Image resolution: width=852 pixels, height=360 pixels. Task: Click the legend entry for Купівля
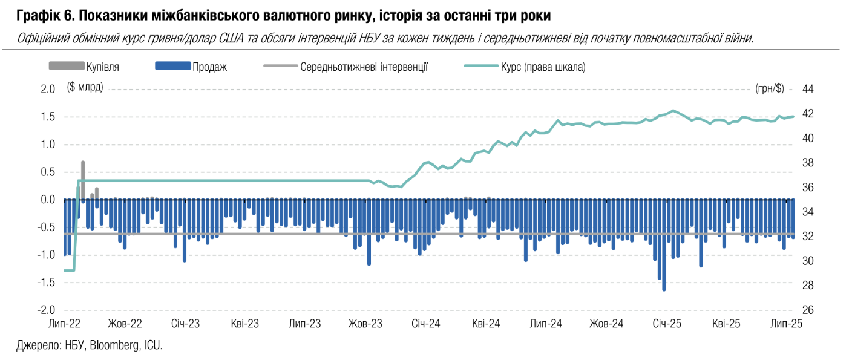tap(102, 67)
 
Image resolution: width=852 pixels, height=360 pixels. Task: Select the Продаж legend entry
tap(209, 67)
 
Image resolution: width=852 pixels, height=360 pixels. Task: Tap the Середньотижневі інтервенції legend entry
tap(364, 67)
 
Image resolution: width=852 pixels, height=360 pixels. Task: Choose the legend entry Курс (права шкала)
tap(543, 67)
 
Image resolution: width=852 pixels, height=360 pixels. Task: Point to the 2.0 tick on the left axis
tap(48, 90)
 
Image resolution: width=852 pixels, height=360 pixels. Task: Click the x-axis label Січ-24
tap(425, 324)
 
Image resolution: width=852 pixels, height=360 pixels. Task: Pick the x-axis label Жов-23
tap(365, 324)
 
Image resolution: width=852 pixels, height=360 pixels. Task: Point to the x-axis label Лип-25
tap(787, 324)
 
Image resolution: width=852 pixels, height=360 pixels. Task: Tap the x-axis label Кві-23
tap(244, 324)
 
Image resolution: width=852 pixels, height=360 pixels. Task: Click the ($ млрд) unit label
tap(85, 88)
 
